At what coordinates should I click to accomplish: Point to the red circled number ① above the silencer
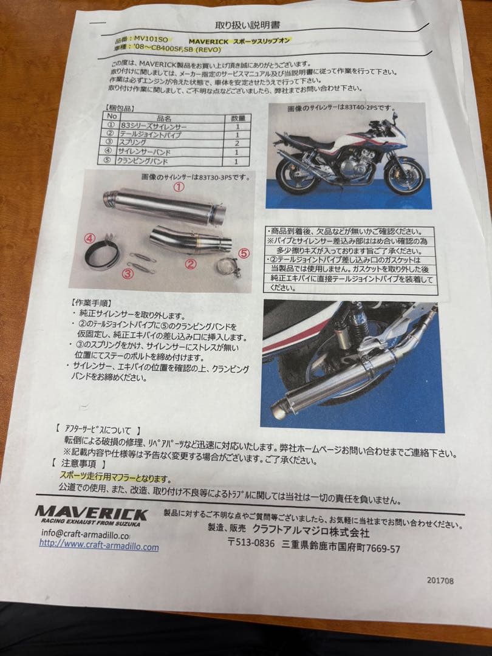(178, 188)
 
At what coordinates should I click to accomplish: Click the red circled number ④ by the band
(89, 238)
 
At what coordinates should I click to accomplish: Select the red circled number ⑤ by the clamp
(244, 254)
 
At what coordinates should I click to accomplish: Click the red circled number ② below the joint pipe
(190, 264)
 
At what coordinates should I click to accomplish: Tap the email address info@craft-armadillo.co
(86, 535)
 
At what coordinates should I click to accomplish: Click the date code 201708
(440, 581)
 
